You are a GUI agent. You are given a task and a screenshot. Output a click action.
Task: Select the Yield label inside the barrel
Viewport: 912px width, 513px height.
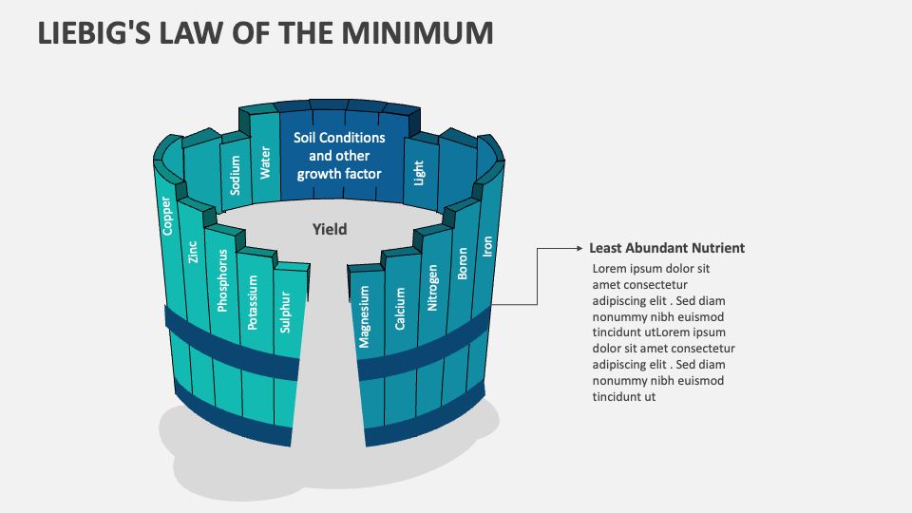(330, 229)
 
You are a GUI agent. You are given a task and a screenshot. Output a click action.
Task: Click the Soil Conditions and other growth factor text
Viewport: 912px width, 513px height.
(339, 156)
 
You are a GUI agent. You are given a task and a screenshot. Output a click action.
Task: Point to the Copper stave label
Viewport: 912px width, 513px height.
(167, 216)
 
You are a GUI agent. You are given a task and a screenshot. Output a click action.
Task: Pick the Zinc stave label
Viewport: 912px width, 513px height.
(193, 252)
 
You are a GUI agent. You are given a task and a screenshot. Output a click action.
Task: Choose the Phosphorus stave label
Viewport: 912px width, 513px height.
(222, 281)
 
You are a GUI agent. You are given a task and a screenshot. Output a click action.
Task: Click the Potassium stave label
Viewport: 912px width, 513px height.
(253, 303)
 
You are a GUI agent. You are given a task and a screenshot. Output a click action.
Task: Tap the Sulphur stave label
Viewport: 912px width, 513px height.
(285, 311)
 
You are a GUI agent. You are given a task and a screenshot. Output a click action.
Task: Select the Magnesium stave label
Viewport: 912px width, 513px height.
(365, 316)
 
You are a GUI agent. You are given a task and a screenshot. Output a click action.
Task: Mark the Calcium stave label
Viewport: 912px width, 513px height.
(400, 309)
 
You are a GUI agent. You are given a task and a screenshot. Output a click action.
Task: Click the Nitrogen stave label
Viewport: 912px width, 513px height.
(432, 289)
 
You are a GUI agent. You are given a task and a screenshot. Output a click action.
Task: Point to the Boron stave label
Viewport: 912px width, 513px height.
(463, 262)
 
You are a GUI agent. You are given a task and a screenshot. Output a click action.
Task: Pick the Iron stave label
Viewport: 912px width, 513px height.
(488, 246)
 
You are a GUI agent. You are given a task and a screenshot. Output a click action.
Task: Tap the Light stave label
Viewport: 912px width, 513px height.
(419, 172)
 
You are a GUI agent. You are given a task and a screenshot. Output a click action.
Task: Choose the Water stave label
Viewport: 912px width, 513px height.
(265, 162)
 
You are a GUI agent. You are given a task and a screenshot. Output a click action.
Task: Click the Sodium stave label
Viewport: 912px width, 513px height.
(236, 176)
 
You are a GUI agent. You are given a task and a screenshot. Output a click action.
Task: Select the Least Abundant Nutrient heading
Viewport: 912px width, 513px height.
(667, 248)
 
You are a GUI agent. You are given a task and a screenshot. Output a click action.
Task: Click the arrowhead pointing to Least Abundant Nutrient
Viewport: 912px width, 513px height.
(578, 248)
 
